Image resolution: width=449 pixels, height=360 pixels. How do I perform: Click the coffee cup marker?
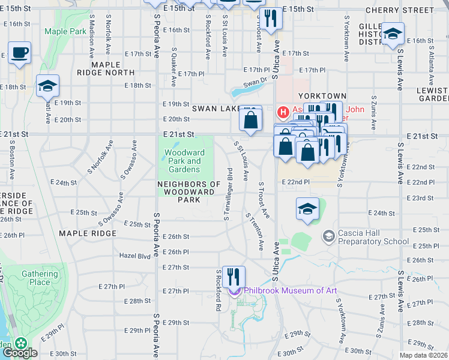tap(20, 53)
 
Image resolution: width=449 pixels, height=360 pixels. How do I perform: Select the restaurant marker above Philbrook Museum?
tap(234, 277)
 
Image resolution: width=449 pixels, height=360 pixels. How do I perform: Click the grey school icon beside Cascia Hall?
tap(328, 236)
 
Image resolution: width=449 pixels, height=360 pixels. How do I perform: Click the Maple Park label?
tap(65, 31)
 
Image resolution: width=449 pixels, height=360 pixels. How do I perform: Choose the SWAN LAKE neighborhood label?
tap(216, 109)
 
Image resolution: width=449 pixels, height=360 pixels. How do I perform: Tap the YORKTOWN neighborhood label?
tap(325, 96)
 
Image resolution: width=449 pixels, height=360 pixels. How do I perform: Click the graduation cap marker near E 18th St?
tap(47, 87)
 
